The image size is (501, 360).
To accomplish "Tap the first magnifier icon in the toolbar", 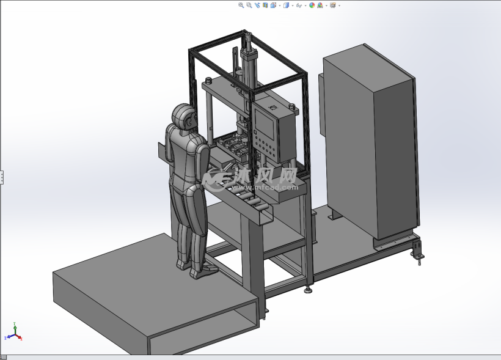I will click(241, 6).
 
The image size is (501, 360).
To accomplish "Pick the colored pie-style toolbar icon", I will click(312, 6).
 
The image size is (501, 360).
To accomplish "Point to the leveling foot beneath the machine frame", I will click(308, 287).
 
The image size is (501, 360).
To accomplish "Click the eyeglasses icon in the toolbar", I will click(299, 6).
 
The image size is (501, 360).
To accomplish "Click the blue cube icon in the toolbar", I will click(286, 6).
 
